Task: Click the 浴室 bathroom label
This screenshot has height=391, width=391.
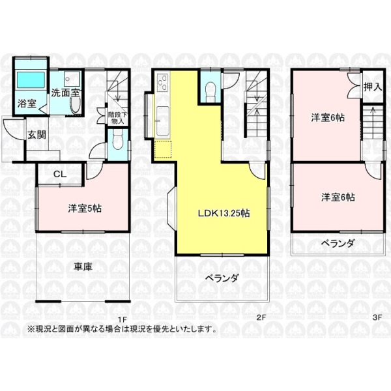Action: pyautogui.click(x=27, y=104)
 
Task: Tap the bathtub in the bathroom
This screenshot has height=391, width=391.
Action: pyautogui.click(x=31, y=80)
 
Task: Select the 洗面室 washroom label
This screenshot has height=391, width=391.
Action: pyautogui.click(x=66, y=93)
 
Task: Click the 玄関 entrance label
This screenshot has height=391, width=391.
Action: pyautogui.click(x=36, y=135)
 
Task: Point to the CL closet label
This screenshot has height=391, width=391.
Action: pyautogui.click(x=60, y=174)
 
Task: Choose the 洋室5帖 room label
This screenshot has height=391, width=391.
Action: pyautogui.click(x=85, y=209)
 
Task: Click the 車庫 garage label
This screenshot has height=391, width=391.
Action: pyautogui.click(x=83, y=267)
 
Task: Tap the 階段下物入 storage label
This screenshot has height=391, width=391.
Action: pyautogui.click(x=118, y=118)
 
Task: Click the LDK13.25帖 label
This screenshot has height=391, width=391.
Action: pyautogui.click(x=224, y=213)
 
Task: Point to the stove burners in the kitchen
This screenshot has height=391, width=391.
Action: pyautogui.click(x=162, y=82)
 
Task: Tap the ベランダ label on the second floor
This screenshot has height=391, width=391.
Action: pyautogui.click(x=222, y=278)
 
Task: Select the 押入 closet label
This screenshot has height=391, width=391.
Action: pyautogui.click(x=373, y=87)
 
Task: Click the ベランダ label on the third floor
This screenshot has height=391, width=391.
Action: pyautogui.click(x=338, y=243)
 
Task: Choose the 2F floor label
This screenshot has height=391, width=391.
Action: pyautogui.click(x=261, y=317)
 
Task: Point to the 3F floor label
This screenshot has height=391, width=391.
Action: pyautogui.click(x=377, y=317)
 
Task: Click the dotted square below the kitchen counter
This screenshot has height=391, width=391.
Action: pyautogui.click(x=163, y=150)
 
